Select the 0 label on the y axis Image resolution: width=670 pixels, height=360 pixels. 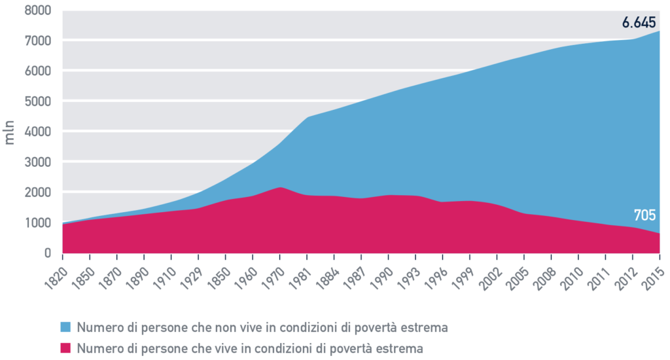pyautogui.click(x=47, y=253)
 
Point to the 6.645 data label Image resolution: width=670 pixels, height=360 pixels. pyautogui.click(x=638, y=23)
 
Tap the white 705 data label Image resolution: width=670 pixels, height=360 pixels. pyautogui.click(x=644, y=215)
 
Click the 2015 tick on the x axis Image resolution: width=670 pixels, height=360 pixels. pyautogui.click(x=654, y=268)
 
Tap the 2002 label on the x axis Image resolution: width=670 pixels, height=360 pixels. pyautogui.click(x=492, y=268)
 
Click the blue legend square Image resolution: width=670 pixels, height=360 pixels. pyautogui.click(x=65, y=327)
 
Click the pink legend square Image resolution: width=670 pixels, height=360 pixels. pyautogui.click(x=65, y=348)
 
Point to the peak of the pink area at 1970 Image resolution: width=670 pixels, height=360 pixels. pyautogui.click(x=280, y=188)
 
